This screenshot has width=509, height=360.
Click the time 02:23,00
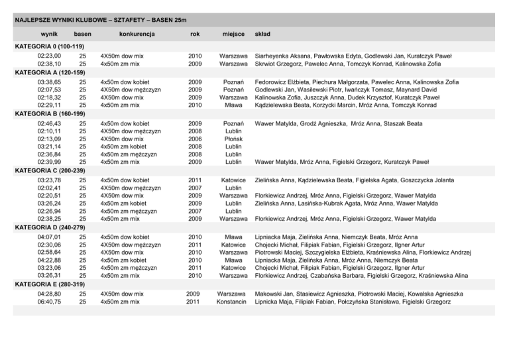(x=50, y=56)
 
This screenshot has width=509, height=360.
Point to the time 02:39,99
(x=50, y=161)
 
